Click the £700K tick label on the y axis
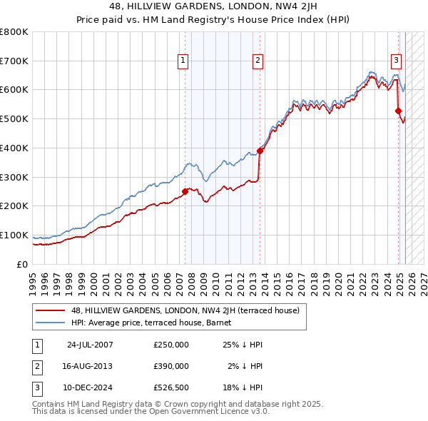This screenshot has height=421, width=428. pyautogui.click(x=14, y=61)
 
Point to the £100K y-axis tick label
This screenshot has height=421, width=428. pyautogui.click(x=14, y=235)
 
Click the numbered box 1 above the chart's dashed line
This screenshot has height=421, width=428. pyautogui.click(x=184, y=61)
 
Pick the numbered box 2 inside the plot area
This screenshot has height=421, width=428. pyautogui.click(x=258, y=61)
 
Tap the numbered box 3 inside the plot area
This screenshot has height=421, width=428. pyautogui.click(x=396, y=61)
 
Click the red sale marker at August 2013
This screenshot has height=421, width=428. pyautogui.click(x=260, y=151)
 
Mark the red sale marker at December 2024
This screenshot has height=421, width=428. pyautogui.click(x=399, y=111)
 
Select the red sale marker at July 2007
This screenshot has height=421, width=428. pyautogui.click(x=185, y=191)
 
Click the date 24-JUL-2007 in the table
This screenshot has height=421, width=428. pyautogui.click(x=90, y=345)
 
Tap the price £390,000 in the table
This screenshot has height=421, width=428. pyautogui.click(x=171, y=366)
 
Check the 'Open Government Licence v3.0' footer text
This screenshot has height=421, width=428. pyautogui.click(x=210, y=412)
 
